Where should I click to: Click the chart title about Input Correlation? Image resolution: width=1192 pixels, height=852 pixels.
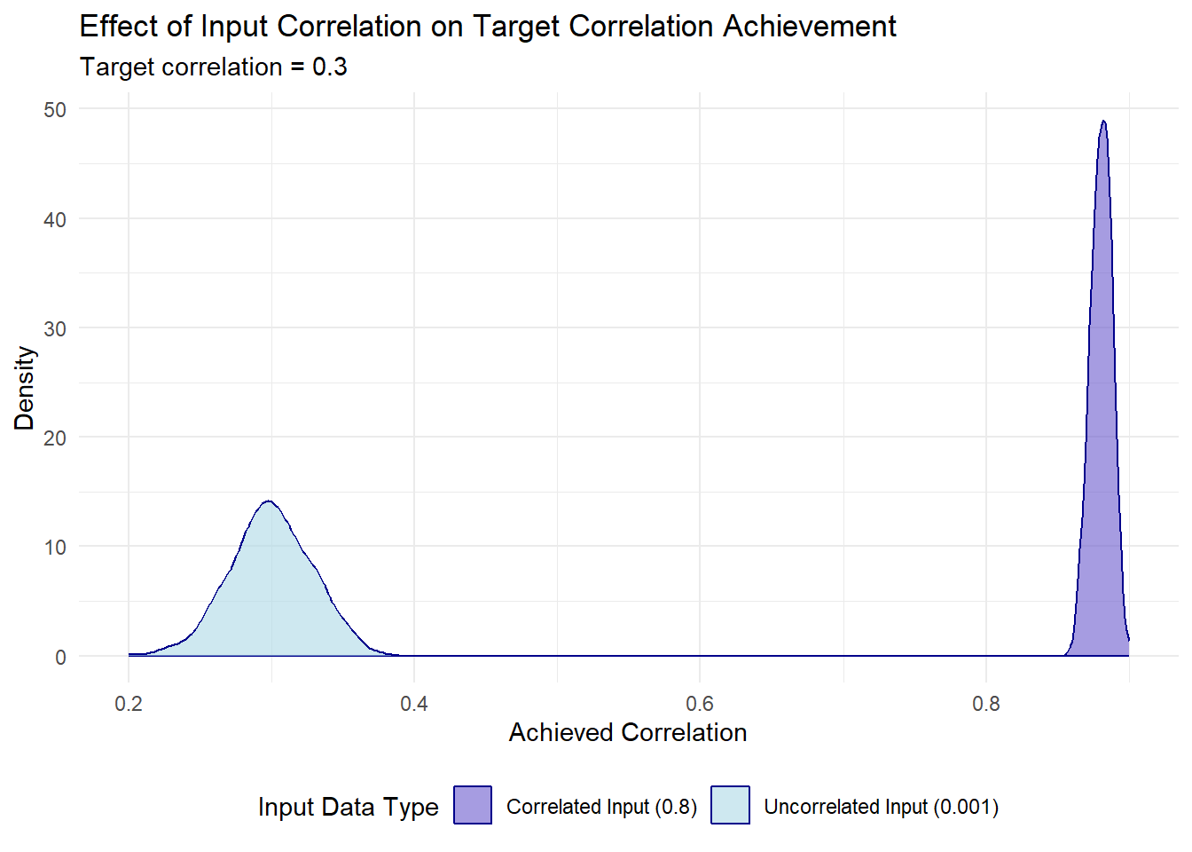click(x=488, y=27)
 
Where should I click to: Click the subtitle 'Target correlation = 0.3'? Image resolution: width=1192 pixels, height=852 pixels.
click(x=214, y=67)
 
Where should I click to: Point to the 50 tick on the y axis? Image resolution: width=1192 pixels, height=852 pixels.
click(x=55, y=109)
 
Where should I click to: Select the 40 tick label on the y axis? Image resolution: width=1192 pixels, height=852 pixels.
click(x=55, y=219)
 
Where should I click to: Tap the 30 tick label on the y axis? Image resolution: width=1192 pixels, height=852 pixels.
click(x=55, y=328)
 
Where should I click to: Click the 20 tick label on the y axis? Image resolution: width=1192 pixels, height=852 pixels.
click(x=55, y=438)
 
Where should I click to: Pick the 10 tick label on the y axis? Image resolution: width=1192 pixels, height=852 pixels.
click(x=55, y=547)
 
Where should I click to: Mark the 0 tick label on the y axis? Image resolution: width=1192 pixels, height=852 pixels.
click(x=60, y=657)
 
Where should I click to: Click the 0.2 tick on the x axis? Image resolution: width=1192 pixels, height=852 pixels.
click(x=129, y=704)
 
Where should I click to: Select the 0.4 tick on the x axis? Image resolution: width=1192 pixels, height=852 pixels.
click(x=414, y=704)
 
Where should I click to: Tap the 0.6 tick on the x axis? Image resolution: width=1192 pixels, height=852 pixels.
click(x=700, y=704)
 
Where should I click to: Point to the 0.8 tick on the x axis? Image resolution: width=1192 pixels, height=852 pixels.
click(x=985, y=704)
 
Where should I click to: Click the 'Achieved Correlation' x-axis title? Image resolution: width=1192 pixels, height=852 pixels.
click(x=628, y=732)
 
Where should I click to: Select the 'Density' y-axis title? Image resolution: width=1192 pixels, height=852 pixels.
click(x=24, y=388)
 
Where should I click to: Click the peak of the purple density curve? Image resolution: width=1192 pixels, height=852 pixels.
click(x=1103, y=122)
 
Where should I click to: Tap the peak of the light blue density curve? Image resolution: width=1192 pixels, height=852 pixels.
click(x=268, y=501)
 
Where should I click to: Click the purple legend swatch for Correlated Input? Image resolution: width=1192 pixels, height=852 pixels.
click(x=473, y=806)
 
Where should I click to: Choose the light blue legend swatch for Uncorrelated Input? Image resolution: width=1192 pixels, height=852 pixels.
click(x=730, y=806)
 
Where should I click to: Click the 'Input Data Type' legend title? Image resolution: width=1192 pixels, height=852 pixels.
click(x=348, y=807)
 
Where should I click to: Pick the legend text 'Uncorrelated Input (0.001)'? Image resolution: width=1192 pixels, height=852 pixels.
click(x=881, y=807)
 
